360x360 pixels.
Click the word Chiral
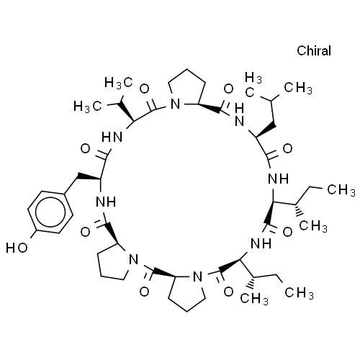314,50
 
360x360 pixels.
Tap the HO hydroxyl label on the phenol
17,248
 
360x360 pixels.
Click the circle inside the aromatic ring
50,212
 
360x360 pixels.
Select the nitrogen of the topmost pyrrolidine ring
175,104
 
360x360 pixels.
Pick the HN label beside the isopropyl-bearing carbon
112,138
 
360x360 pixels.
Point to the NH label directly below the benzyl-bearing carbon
106,202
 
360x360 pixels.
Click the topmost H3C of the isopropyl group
119,83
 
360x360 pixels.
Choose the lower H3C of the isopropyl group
88,106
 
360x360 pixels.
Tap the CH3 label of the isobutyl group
298,88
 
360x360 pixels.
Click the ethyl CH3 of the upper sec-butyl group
341,190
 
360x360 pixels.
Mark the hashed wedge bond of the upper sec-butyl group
299,210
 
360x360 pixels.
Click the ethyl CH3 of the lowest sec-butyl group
300,292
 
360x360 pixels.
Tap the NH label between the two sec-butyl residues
261,244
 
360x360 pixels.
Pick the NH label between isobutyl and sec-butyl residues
278,179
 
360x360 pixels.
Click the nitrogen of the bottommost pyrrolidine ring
198,276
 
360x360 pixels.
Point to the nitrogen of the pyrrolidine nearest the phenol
134,259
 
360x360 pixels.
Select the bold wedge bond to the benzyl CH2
88,177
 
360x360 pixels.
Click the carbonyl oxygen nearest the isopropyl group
145,89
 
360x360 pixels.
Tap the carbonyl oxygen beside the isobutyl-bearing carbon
287,148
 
